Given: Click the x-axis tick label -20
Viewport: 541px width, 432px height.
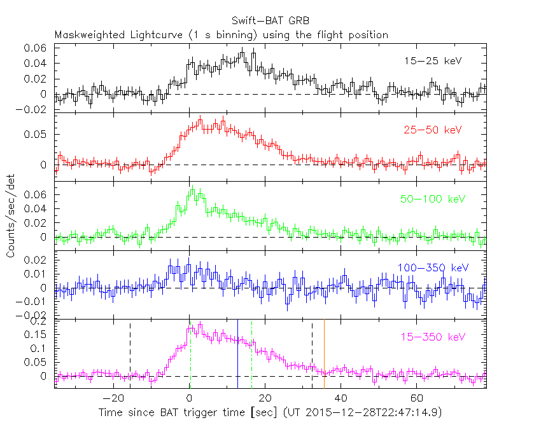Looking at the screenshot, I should pyautogui.click(x=113, y=399).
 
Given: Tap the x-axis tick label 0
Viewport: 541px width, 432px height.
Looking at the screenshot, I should pyautogui.click(x=190, y=399).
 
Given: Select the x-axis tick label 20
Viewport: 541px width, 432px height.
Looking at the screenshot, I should pyautogui.click(x=265, y=399).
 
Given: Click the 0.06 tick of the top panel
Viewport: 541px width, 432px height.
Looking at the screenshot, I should pyautogui.click(x=35, y=48).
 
